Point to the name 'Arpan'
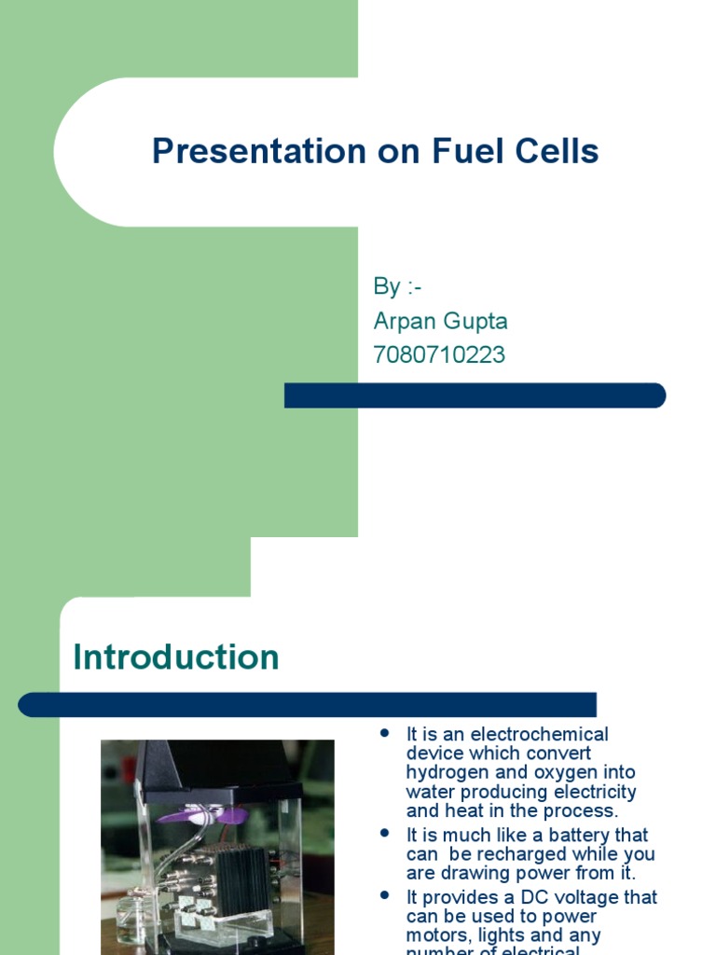[x=406, y=322]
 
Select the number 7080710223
[x=439, y=355]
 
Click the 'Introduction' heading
[x=176, y=657]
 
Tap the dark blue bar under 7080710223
[x=475, y=395]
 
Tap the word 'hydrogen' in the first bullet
[x=444, y=772]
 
